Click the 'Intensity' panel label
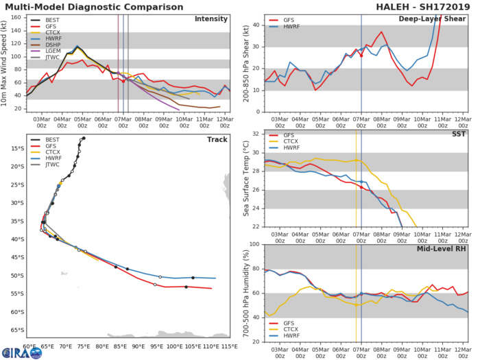(x=211, y=19)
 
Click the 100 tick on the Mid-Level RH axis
(x=254, y=245)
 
